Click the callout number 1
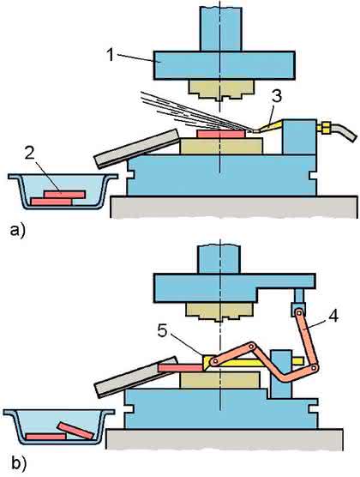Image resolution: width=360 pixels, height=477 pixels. (110, 56)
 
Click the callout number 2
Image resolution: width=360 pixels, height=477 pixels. (29, 154)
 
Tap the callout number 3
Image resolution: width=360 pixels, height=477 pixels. (276, 96)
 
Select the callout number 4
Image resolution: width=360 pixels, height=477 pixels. (333, 317)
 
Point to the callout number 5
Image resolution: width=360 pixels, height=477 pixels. (163, 331)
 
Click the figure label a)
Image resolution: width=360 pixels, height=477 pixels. (18, 230)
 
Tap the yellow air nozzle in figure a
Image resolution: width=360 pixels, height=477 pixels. (268, 126)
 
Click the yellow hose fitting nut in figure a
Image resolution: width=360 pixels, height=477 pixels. (324, 128)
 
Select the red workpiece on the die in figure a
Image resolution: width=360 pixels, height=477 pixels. (221, 134)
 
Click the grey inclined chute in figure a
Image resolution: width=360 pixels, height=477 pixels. (137, 148)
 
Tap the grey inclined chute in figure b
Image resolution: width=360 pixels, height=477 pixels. (135, 377)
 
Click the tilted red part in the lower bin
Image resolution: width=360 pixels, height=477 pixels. (75, 431)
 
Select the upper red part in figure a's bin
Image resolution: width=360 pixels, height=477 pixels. (64, 195)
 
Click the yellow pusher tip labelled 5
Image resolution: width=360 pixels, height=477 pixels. (209, 363)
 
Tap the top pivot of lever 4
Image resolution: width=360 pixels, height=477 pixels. (299, 312)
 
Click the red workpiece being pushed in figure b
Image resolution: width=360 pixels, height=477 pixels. (181, 368)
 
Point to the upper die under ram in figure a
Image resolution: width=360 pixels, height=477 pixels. (221, 90)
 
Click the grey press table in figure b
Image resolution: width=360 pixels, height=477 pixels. (225, 439)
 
